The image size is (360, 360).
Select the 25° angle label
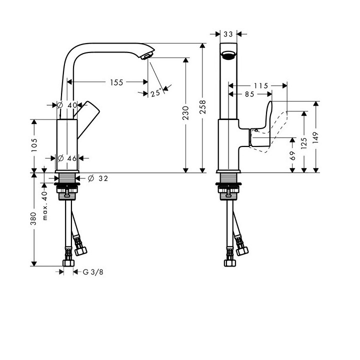pyautogui.click(x=156, y=92)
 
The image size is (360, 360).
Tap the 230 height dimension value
pyautogui.click(x=185, y=115)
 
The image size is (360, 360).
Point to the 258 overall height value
pyautogui.click(x=203, y=106)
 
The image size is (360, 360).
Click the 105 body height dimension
pyautogui.click(x=34, y=145)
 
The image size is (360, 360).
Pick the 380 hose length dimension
pyautogui.click(x=34, y=218)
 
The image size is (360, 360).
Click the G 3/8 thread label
pyautogui.click(x=92, y=272)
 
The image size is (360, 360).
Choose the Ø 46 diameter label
pyautogui.click(x=67, y=158)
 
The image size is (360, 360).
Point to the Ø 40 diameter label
pyautogui.click(x=67, y=105)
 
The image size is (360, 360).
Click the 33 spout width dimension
pyautogui.click(x=228, y=34)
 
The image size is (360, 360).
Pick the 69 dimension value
pyautogui.click(x=292, y=156)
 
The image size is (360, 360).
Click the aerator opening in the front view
pyautogui.click(x=228, y=55)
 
